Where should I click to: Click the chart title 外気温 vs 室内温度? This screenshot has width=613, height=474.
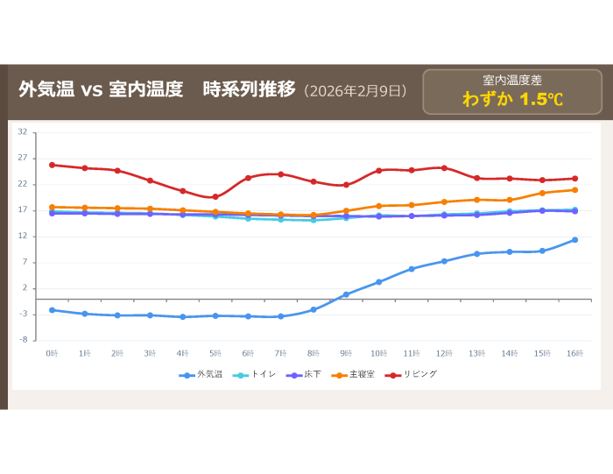pyautogui.click(x=101, y=89)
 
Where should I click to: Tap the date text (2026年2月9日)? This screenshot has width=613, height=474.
pyautogui.click(x=355, y=90)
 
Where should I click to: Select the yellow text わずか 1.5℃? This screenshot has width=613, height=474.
pyautogui.click(x=512, y=99)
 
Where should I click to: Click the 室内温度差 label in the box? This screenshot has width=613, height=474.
pyautogui.click(x=512, y=80)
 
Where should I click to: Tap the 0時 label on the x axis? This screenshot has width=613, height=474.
pyautogui.click(x=52, y=352)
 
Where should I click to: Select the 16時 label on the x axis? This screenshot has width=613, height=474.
pyautogui.click(x=574, y=352)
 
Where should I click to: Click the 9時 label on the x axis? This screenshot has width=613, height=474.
pyautogui.click(x=346, y=352)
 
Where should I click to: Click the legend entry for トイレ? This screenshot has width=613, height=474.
pyautogui.click(x=264, y=374)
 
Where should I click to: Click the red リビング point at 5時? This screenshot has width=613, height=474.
pyautogui.click(x=215, y=197)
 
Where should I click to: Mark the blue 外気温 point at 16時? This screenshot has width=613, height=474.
pyautogui.click(x=574, y=239)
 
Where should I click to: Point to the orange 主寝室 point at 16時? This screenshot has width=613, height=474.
pyautogui.click(x=574, y=189)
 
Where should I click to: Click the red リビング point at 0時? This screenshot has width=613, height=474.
pyautogui.click(x=52, y=165)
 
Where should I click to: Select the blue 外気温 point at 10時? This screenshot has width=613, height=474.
pyautogui.click(x=378, y=282)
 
